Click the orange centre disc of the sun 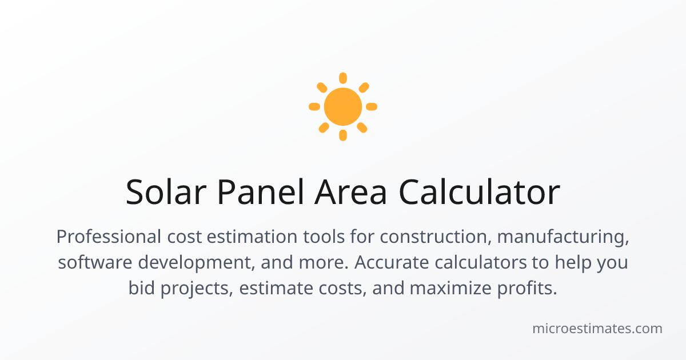click(343, 106)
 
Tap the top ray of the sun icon click(343, 78)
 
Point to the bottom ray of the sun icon click(343, 135)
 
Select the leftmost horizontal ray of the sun click(314, 106)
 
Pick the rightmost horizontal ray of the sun click(372, 106)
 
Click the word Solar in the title click(166, 192)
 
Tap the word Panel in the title click(261, 192)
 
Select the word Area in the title click(350, 192)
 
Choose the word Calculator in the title click(480, 192)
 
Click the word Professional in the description click(109, 237)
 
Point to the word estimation click(252, 237)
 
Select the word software click(95, 262)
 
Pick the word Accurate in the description click(392, 262)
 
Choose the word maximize click(450, 288)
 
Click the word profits click(527, 289)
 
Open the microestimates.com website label click(597, 329)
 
